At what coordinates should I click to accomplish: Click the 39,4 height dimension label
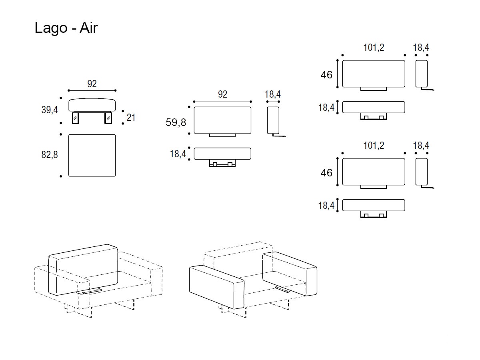point(50,110)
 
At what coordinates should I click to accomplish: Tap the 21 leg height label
point(131,118)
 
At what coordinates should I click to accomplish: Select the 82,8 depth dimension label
point(50,155)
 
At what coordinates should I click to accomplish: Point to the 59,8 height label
point(176,122)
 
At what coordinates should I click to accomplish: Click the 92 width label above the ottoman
point(92,84)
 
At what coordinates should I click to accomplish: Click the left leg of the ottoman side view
point(76,118)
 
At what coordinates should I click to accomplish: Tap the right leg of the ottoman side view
point(108,118)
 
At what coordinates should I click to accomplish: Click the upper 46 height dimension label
point(326,75)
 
